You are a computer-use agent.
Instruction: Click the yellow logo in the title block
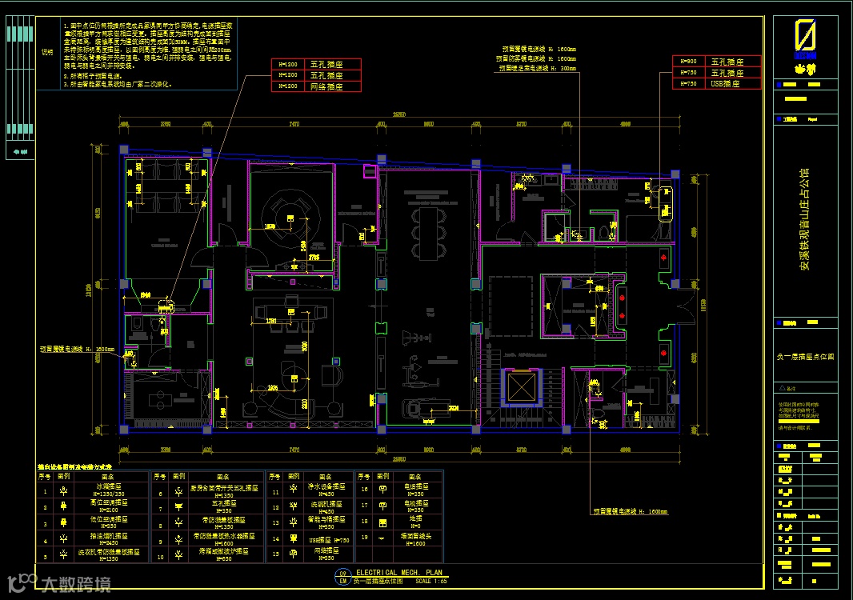(805, 39)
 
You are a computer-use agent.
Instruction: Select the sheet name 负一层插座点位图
(805, 356)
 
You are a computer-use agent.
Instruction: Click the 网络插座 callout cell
(326, 86)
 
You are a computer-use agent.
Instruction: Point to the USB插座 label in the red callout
(726, 83)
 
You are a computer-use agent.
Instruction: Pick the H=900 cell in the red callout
(687, 62)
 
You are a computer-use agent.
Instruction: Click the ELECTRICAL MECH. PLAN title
(398, 573)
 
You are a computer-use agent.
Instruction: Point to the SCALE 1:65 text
(433, 581)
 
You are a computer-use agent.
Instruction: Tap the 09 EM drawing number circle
(342, 577)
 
